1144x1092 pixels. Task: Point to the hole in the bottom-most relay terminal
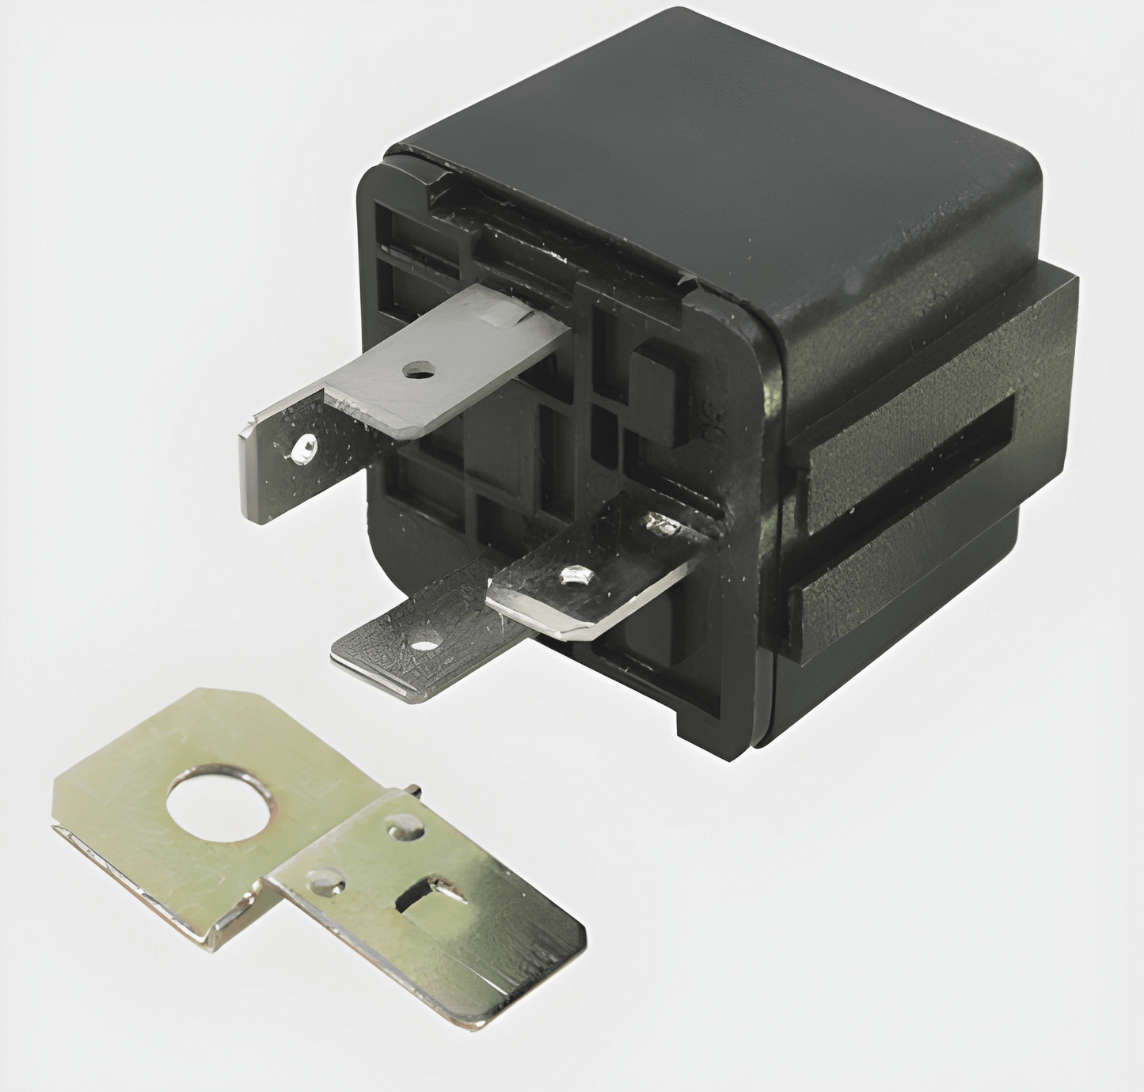point(425,645)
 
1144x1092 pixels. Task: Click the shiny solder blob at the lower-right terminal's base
point(659,523)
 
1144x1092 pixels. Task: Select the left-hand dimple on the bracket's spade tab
point(326,880)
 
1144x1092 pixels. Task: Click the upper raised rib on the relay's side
point(910,427)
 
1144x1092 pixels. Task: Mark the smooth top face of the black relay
point(713,135)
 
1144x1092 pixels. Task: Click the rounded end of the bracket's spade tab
point(554,981)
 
